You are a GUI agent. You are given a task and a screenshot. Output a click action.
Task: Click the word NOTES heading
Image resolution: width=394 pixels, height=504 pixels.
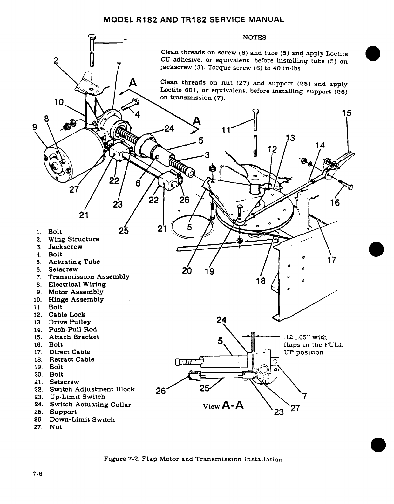254,37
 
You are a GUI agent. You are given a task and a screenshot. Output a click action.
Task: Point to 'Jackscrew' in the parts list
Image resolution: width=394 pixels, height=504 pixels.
65,247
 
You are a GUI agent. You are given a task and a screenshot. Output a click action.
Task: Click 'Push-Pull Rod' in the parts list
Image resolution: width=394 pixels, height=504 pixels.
72,330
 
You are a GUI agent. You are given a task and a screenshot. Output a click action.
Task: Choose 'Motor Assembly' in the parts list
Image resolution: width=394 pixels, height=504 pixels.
76,292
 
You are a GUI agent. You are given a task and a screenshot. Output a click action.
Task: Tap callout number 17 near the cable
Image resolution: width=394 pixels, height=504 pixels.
331,261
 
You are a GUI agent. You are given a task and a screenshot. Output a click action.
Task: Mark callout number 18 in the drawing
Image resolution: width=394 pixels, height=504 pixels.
261,281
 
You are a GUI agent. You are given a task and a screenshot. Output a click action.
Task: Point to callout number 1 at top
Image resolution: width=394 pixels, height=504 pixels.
125,41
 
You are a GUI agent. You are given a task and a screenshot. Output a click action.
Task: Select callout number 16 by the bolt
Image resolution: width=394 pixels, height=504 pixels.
335,202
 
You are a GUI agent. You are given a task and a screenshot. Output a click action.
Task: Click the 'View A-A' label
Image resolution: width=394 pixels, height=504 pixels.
223,405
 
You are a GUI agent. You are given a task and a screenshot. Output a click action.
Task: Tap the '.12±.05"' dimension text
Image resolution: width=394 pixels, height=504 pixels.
297,337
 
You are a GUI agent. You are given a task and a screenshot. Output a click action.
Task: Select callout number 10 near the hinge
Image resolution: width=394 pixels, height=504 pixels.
58,102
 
